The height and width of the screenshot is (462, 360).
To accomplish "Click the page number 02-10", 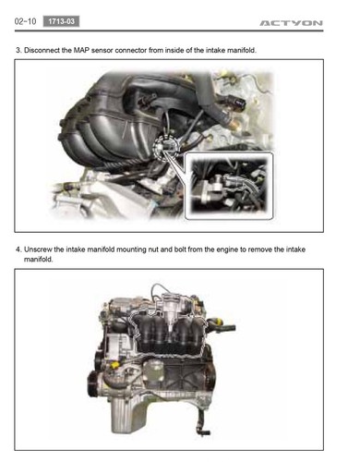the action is point(25,21).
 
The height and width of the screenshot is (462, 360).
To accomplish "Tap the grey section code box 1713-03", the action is point(61,21).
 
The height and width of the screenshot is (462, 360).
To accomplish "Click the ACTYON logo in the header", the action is point(291,23).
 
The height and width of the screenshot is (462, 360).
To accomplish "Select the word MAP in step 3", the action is point(81,50).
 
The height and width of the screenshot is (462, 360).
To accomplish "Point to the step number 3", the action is point(18,50).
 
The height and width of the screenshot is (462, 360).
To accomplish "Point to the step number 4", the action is point(18,249).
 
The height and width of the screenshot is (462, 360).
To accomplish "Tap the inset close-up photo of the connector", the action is point(229,186).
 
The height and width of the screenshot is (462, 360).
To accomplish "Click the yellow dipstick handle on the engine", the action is point(115,365).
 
